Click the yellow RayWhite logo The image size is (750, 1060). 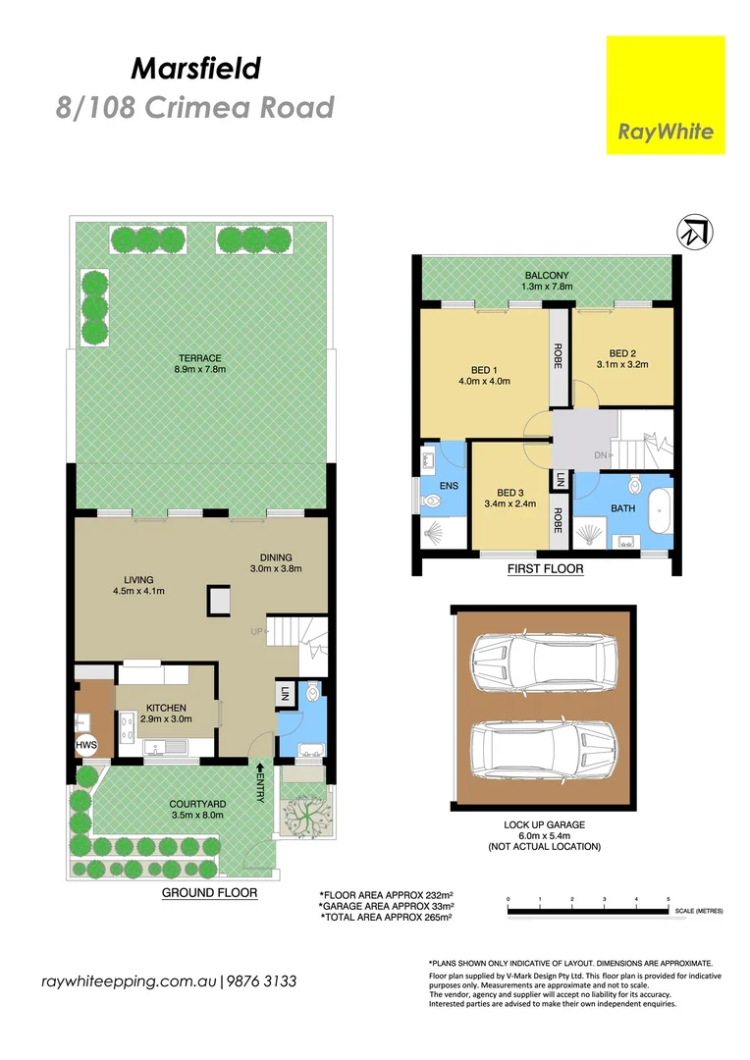[665, 95]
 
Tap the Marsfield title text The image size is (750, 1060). [195, 68]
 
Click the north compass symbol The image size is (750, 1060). [694, 233]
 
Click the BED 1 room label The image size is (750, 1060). [484, 376]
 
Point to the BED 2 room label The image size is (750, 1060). [622, 358]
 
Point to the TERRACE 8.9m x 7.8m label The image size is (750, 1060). [199, 363]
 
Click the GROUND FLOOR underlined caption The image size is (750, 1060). [209, 893]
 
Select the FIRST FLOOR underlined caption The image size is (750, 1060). [545, 568]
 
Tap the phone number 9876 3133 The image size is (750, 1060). [262, 981]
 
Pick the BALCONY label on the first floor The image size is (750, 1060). [547, 281]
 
